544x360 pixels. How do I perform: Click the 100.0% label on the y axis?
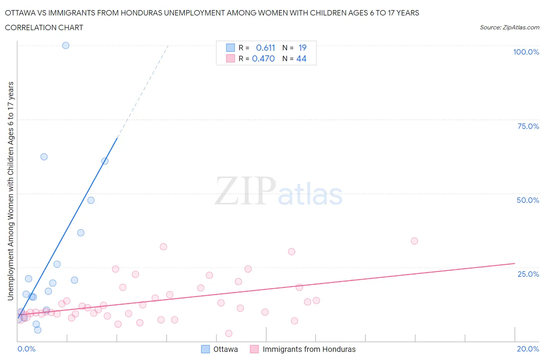click(x=526, y=52)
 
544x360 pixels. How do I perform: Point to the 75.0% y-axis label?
click(x=528, y=126)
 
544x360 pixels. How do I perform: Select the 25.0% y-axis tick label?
click(x=528, y=274)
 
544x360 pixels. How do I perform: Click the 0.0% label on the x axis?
click(x=26, y=349)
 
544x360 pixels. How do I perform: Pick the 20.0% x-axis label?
click(x=528, y=349)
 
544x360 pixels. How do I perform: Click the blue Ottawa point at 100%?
click(x=66, y=45)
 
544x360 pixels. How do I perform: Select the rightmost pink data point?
click(x=414, y=241)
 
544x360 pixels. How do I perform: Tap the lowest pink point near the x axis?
click(x=229, y=333)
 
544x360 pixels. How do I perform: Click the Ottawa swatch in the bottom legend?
click(x=205, y=349)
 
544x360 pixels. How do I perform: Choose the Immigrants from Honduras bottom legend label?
click(x=309, y=349)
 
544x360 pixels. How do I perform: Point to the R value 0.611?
click(x=265, y=48)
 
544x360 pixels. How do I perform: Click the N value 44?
click(x=301, y=58)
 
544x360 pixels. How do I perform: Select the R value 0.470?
click(x=263, y=58)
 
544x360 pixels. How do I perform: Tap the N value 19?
click(x=302, y=48)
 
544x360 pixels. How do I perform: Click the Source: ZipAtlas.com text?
click(x=509, y=27)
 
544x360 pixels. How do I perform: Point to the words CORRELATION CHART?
click(x=44, y=27)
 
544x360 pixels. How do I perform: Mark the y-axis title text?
click(x=10, y=191)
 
